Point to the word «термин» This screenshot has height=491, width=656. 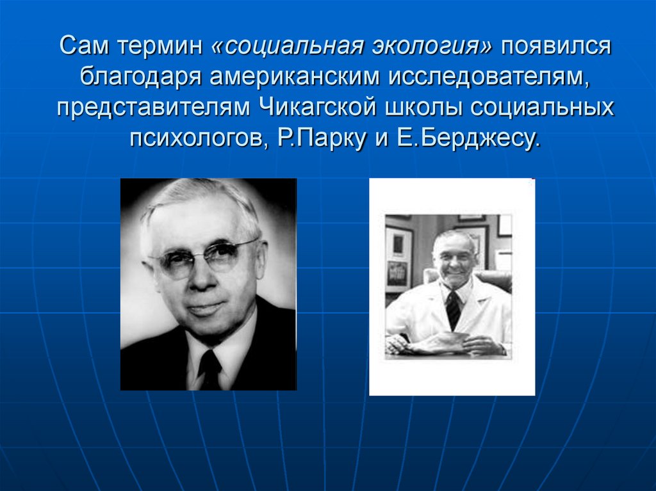pos(165,47)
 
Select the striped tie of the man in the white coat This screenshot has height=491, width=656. pos(453,310)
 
